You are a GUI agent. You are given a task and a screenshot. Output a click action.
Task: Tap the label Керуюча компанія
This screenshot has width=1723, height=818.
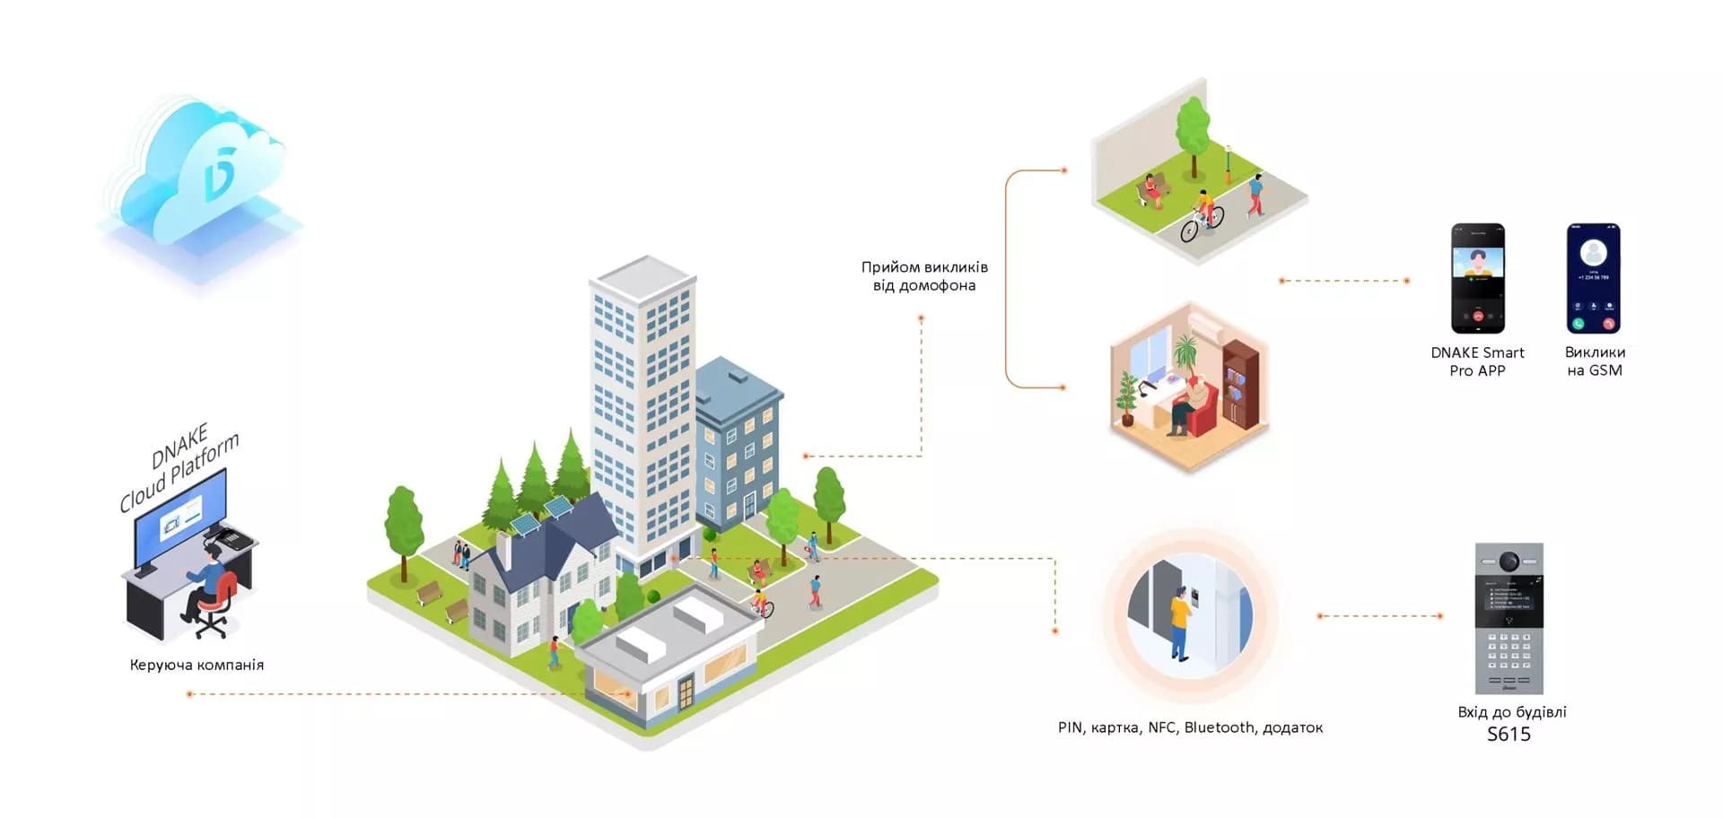[197, 665]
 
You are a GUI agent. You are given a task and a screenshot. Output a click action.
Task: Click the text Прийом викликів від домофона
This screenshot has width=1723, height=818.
[924, 276]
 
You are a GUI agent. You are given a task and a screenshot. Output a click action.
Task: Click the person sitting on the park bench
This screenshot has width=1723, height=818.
[1150, 189]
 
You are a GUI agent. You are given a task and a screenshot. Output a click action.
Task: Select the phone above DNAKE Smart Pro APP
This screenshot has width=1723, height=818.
[1477, 278]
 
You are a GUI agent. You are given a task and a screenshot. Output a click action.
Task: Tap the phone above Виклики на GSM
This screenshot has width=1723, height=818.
[1593, 278]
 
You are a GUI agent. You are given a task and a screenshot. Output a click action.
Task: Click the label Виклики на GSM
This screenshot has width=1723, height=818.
[1595, 361]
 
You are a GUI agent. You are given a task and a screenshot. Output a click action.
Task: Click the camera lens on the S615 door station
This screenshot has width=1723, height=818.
[1509, 561]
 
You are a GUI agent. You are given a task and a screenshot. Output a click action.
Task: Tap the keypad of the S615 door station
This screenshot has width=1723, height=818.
[1509, 651]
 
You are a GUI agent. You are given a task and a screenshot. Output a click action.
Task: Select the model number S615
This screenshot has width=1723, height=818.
[1509, 735]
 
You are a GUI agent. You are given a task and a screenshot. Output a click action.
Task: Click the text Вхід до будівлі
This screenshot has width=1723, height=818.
[1511, 712]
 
